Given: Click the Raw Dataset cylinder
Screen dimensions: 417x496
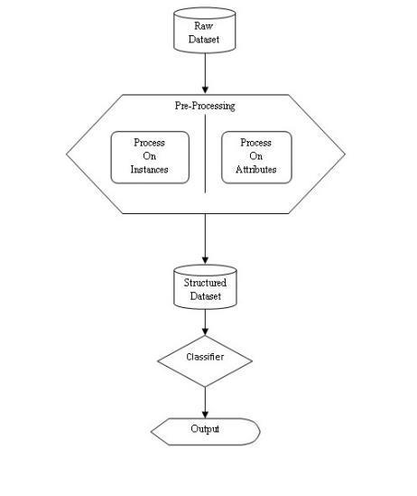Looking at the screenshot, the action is [x=205, y=31].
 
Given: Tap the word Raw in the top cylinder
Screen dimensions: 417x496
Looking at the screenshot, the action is [x=203, y=26].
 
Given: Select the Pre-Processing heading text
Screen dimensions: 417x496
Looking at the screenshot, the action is [x=205, y=106].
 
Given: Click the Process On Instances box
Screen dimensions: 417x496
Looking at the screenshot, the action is [x=150, y=157].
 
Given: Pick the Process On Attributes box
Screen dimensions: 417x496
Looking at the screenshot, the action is [x=256, y=157].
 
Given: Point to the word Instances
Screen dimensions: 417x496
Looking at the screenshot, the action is [x=149, y=170].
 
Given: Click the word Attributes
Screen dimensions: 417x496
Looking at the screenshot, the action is [x=256, y=170].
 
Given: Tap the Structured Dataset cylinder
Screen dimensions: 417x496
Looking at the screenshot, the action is [x=205, y=287].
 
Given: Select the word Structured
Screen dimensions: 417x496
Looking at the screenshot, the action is [x=205, y=283].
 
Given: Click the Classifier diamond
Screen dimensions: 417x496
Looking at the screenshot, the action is [x=205, y=360].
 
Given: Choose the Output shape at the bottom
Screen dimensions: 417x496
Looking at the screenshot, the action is [x=206, y=432].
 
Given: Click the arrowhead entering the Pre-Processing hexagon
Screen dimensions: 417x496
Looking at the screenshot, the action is [x=205, y=89].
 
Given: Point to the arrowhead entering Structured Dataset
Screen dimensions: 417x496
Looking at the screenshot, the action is [x=205, y=259].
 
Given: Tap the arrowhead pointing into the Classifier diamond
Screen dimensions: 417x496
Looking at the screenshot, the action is [x=205, y=331].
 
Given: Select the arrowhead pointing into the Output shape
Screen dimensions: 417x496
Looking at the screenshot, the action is [x=205, y=414].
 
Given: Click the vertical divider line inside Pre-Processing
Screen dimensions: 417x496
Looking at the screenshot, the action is [x=206, y=154].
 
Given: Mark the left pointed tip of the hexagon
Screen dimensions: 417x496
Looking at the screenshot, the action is [x=67, y=154].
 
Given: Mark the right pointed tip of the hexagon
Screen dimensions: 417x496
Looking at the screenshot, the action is [x=345, y=154].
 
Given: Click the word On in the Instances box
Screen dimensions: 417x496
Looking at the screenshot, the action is [x=150, y=156].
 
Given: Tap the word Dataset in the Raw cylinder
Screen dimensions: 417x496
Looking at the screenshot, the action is [x=204, y=40].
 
